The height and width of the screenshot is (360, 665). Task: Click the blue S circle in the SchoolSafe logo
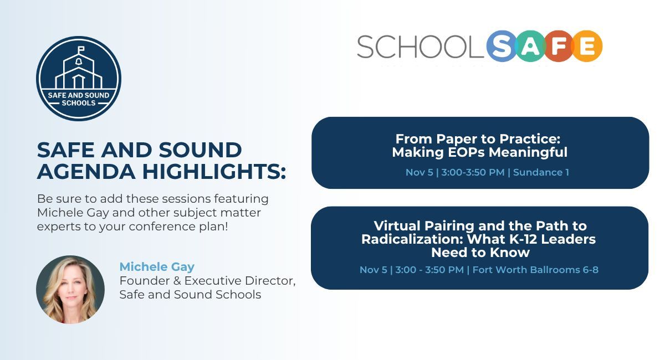pos(502,46)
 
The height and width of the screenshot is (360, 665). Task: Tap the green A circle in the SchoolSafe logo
pos(531,46)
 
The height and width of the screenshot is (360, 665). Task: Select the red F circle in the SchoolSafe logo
pos(558,46)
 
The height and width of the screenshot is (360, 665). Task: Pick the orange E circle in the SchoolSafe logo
pos(587,46)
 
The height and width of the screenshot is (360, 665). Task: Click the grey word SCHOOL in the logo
pos(420,47)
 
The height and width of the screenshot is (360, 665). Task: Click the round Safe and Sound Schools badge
pos(78,79)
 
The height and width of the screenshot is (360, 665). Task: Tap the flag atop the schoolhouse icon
pos(81,48)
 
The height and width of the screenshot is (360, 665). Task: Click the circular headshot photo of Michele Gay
pos(70,289)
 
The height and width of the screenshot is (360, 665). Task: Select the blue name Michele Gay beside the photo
pos(157,267)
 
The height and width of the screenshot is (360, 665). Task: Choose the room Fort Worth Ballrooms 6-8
pos(535,270)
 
